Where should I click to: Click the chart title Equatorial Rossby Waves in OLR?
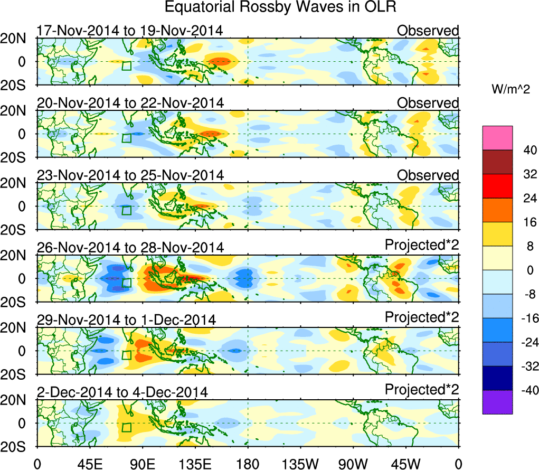[280, 7]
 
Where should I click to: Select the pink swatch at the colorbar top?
[497, 138]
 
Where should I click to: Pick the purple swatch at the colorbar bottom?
[497, 402]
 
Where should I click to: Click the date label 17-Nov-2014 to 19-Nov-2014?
[129, 31]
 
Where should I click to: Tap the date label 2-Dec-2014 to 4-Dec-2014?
[122, 392]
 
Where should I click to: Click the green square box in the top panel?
[126, 65]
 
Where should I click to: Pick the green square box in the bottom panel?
[126, 427]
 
